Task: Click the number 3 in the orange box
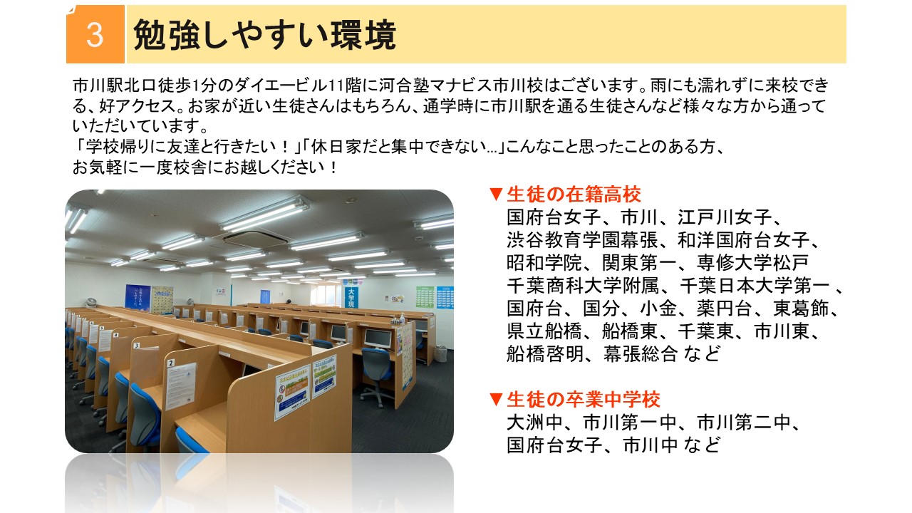pyautogui.click(x=95, y=35)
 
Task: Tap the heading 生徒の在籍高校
pyautogui.click(x=574, y=195)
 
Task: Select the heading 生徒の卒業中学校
pyautogui.click(x=584, y=400)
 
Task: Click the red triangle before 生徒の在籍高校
pyautogui.click(x=496, y=195)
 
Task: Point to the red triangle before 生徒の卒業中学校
pyautogui.click(x=496, y=400)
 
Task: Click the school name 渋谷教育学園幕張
pyautogui.click(x=583, y=240)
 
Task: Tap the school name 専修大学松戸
pyautogui.click(x=753, y=263)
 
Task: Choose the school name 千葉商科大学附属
pyautogui.click(x=583, y=286)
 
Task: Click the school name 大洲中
pyautogui.click(x=535, y=423)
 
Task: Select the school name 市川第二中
pyautogui.click(x=744, y=423)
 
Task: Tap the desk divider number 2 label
pyautogui.click(x=172, y=363)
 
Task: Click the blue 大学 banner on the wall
pyautogui.click(x=351, y=298)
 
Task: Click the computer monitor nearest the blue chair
pyautogui.click(x=378, y=338)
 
